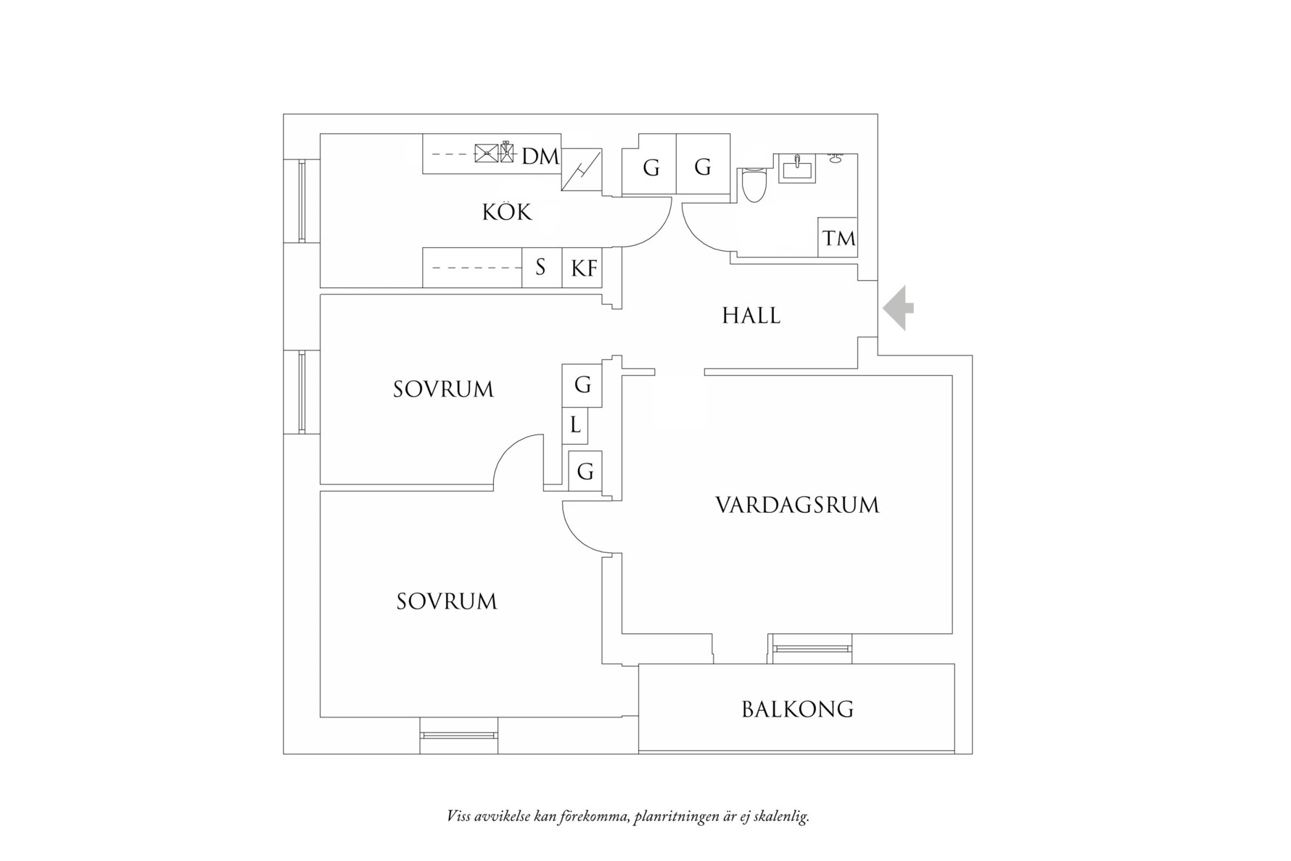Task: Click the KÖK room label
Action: pyautogui.click(x=507, y=213)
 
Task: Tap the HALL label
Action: pyautogui.click(x=751, y=316)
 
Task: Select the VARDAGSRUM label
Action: pyautogui.click(x=797, y=505)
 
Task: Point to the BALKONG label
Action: pyautogui.click(x=797, y=709)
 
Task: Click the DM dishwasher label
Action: pyautogui.click(x=540, y=156)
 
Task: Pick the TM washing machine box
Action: pyautogui.click(x=838, y=237)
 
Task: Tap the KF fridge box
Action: pyautogui.click(x=582, y=268)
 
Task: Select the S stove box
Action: pyautogui.click(x=541, y=268)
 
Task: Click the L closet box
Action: pyautogui.click(x=574, y=425)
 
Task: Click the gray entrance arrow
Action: pyautogui.click(x=899, y=308)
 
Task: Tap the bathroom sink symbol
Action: pyautogui.click(x=796, y=168)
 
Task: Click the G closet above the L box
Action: pyautogui.click(x=582, y=384)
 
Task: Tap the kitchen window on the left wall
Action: pyautogui.click(x=302, y=201)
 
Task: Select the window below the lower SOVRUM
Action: pyautogui.click(x=458, y=736)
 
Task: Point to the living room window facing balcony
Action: pyautogui.click(x=812, y=648)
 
